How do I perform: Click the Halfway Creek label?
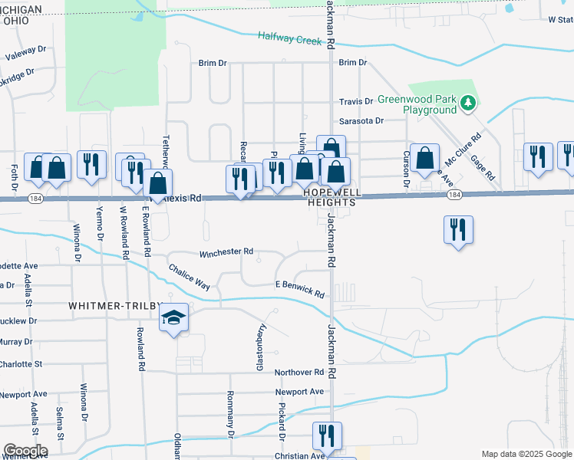[289, 38]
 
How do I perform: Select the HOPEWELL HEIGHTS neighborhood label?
[331, 197]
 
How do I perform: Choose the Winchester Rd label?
[226, 251]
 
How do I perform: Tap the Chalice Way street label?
[190, 277]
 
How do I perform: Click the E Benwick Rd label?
[300, 289]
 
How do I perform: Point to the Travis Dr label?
[356, 101]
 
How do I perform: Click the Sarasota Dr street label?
[361, 121]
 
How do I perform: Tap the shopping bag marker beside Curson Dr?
[424, 159]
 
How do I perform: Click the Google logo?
[25, 450]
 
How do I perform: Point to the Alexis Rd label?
[183, 198]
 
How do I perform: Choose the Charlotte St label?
[31, 363]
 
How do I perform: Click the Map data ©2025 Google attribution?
[526, 453]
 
